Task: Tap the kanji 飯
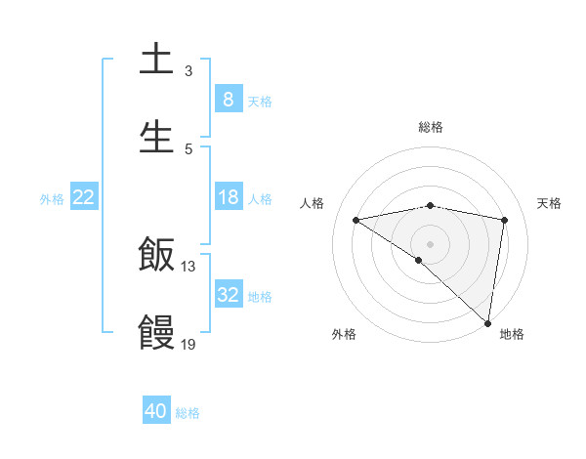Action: (156, 256)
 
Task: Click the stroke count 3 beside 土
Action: (188, 71)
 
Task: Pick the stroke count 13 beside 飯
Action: (188, 267)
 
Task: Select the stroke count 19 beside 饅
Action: (188, 344)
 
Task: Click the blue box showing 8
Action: (229, 100)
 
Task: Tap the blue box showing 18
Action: (229, 197)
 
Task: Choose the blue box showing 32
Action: (229, 295)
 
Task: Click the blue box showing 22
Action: (84, 197)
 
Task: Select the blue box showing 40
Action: (156, 411)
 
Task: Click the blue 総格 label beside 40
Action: (188, 413)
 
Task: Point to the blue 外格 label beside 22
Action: (52, 199)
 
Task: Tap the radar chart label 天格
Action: (550, 203)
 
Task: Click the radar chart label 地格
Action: (512, 334)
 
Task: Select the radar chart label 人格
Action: (313, 203)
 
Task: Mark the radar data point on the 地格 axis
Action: (487, 323)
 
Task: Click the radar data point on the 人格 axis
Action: (356, 220)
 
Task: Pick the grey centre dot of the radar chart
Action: (431, 243)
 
